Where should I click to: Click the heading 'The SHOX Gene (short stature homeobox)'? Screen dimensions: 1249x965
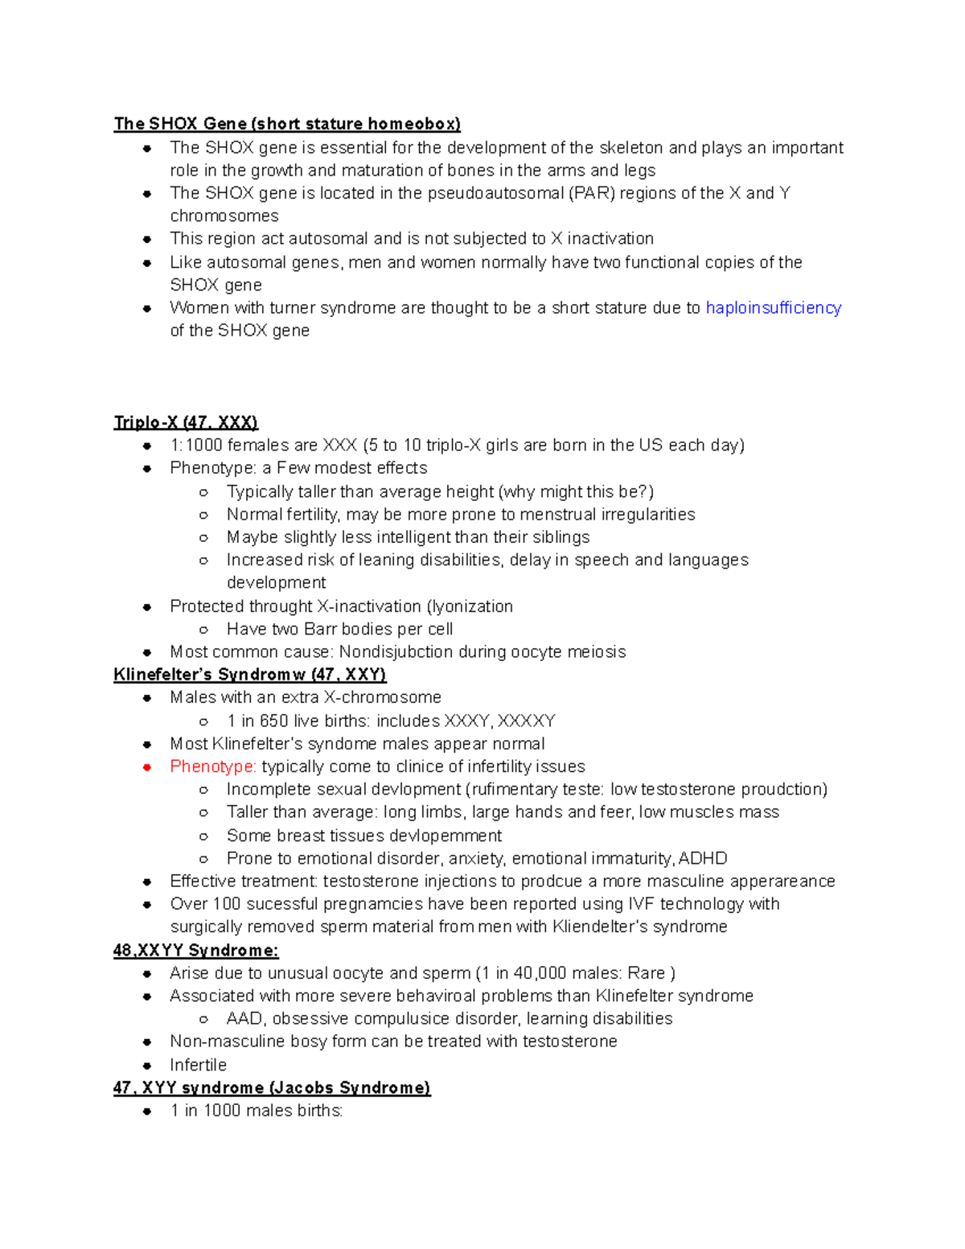(287, 124)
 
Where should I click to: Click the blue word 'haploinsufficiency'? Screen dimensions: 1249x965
(773, 308)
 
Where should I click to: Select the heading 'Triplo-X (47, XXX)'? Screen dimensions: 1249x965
(186, 423)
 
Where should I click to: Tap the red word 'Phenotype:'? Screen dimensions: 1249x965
(213, 766)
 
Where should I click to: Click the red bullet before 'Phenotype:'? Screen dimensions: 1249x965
(147, 767)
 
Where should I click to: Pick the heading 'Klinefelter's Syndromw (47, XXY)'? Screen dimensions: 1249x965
(250, 675)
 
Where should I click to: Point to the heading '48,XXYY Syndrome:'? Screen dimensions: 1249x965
(196, 951)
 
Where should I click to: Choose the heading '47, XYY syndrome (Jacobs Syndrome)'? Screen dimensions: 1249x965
(272, 1088)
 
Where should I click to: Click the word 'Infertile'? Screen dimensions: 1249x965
(198, 1065)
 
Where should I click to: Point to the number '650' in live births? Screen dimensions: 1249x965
(274, 721)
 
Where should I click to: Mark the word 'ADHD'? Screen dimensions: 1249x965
(704, 858)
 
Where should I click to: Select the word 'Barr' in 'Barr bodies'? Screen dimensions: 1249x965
(321, 629)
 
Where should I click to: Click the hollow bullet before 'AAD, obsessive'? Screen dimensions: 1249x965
(204, 1019)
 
